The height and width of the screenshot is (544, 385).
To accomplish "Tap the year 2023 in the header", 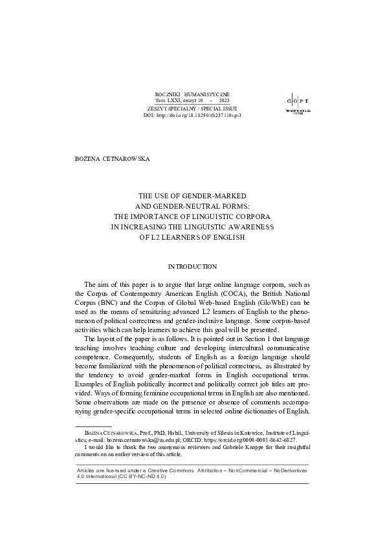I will coord(224,101).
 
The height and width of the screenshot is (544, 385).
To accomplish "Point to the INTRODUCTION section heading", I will coord(192,267).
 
